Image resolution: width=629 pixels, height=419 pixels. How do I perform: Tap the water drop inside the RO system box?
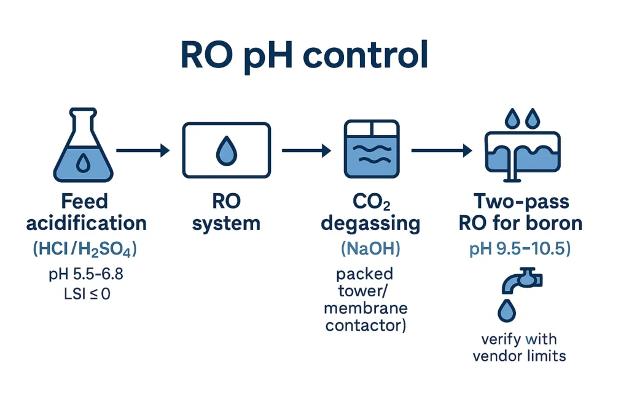tap(227, 151)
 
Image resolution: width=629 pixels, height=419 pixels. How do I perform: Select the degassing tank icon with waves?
tap(369, 150)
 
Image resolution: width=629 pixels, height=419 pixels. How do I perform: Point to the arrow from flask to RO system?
tap(143, 150)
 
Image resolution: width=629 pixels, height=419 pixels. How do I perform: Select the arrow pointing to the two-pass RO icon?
tap(441, 150)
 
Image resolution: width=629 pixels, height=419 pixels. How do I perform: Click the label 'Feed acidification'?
tap(86, 212)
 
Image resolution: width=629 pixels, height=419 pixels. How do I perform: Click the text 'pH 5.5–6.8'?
tap(86, 274)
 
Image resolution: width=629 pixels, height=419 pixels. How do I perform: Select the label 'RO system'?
tap(226, 212)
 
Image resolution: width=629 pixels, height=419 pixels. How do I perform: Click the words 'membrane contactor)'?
tap(366, 317)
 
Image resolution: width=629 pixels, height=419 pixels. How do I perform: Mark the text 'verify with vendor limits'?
tap(519, 347)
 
